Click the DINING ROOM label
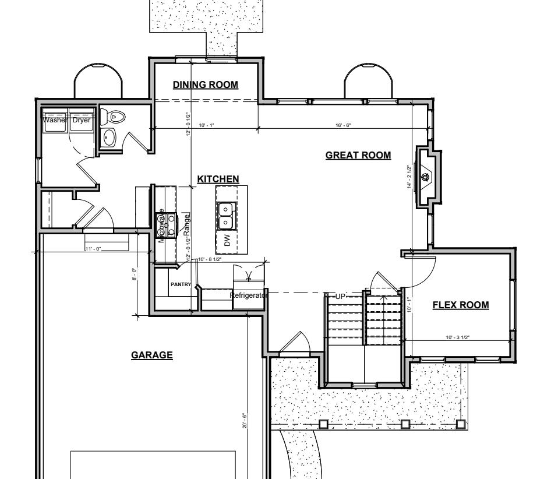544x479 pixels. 206,85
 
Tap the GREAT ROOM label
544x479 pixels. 358,155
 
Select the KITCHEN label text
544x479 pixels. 218,179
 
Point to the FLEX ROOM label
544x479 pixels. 460,305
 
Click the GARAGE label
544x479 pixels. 151,354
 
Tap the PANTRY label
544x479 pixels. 181,284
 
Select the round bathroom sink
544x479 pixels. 109,138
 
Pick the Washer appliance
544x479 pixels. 55,121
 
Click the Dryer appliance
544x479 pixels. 82,121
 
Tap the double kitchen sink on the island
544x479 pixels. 225,216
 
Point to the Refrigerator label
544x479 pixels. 248,295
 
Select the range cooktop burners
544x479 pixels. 168,226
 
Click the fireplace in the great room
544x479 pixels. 428,176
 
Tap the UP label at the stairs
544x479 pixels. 341,297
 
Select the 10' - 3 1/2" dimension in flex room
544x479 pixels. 457,337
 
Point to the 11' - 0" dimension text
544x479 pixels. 93,249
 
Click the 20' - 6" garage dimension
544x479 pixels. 245,421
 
